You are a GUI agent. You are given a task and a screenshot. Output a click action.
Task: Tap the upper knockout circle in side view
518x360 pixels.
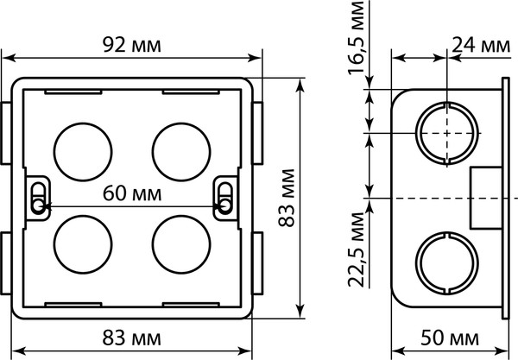[446, 134]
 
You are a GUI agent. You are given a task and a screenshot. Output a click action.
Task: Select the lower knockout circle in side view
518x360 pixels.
[446, 263]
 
